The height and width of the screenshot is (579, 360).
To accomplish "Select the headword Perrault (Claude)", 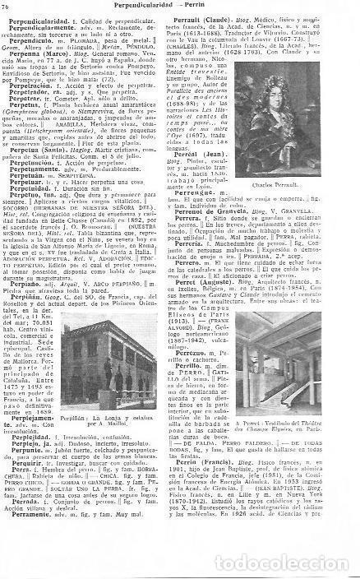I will pos(215,16).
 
